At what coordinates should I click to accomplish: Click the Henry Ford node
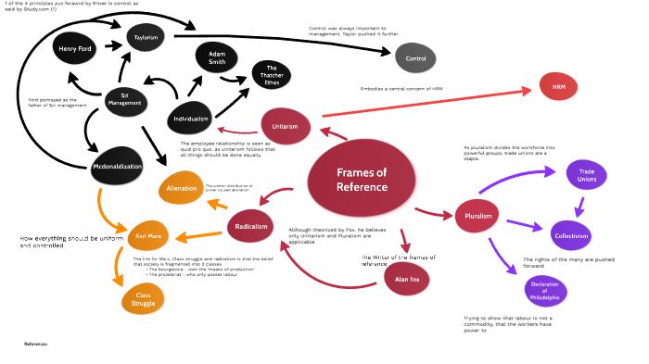tap(74, 47)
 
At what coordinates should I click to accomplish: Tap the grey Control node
tap(415, 58)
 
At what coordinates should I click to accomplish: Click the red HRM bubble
tap(558, 86)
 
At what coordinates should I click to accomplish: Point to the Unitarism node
tap(285, 125)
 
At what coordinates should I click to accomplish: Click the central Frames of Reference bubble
tap(362, 180)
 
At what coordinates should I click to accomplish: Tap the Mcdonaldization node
tap(116, 168)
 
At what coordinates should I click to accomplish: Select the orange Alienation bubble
tap(181, 188)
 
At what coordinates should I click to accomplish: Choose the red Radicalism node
tap(253, 225)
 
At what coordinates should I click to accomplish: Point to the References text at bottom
tap(35, 344)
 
